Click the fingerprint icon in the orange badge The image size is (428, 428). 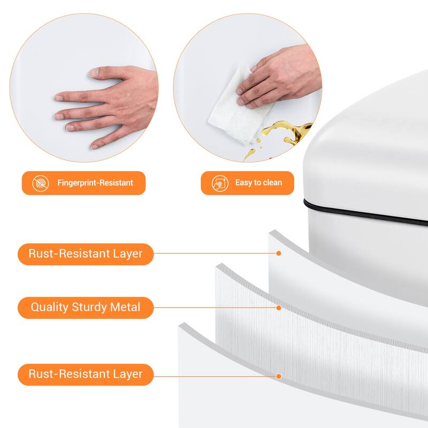[41, 183]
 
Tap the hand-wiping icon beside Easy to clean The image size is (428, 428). [220, 183]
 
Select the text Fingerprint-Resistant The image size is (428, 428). [95, 182]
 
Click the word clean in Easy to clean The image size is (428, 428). [271, 182]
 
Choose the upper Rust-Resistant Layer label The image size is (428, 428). [86, 254]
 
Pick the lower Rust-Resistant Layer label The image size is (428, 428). [86, 374]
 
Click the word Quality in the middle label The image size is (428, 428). [49, 307]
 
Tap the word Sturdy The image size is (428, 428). [89, 307]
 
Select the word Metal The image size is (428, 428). [125, 307]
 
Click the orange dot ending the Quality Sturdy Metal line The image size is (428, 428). [279, 308]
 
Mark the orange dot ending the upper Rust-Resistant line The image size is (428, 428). [279, 253]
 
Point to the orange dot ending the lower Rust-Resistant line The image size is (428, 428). [279, 377]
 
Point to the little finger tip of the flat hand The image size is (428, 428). [95, 146]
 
